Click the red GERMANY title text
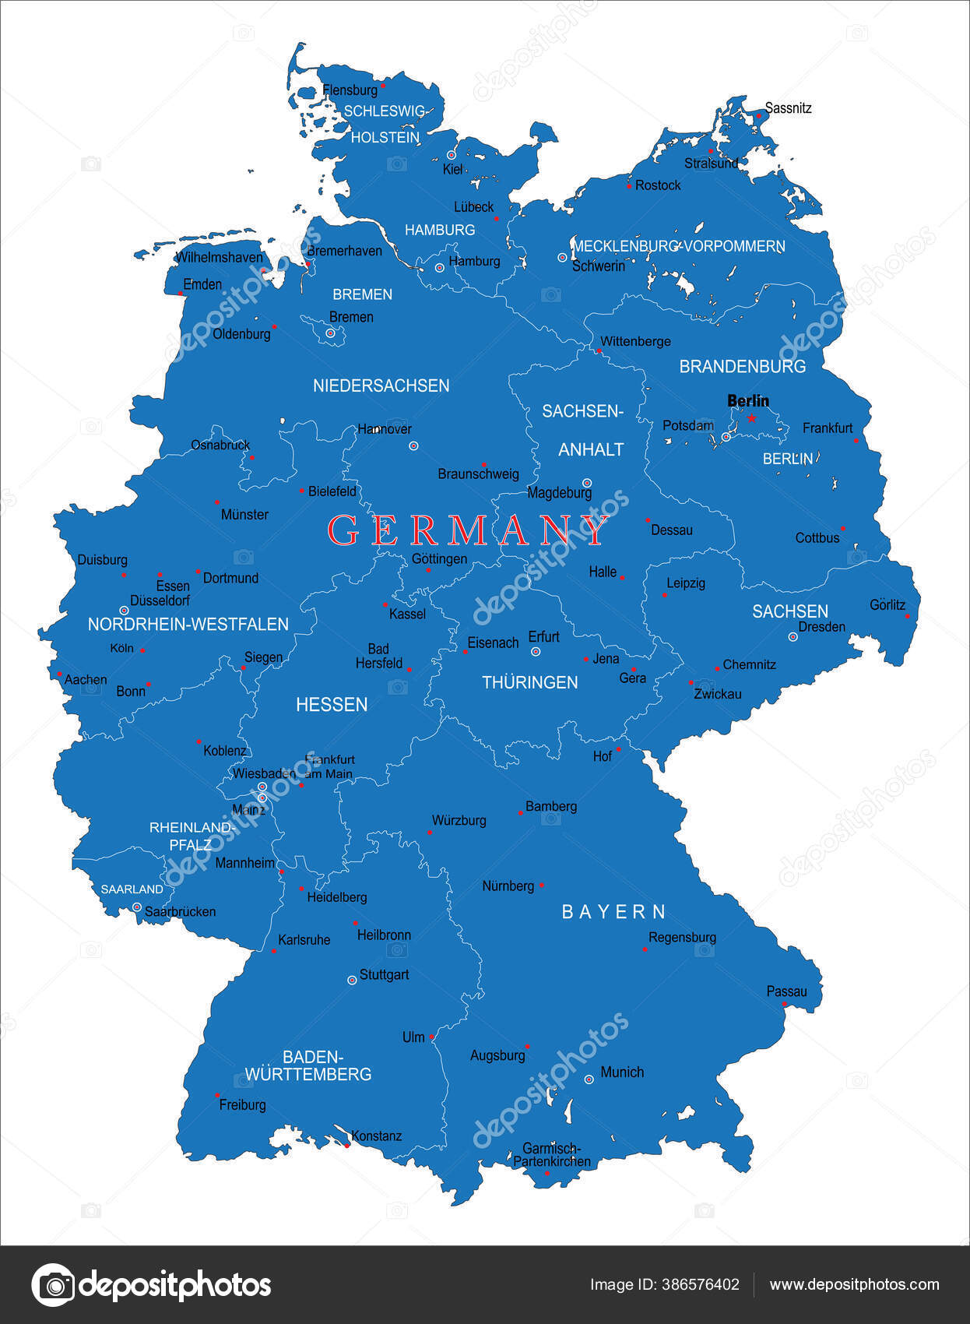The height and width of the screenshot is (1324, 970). (467, 531)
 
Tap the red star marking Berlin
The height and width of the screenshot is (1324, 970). (752, 418)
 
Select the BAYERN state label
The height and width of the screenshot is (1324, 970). (614, 912)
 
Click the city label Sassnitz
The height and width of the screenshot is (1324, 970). (788, 108)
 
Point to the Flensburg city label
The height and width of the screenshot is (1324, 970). (350, 90)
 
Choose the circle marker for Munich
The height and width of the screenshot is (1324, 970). (589, 1079)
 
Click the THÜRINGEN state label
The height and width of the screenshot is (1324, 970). (529, 683)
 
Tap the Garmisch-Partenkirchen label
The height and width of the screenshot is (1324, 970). (552, 1155)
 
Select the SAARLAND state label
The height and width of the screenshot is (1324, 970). (132, 889)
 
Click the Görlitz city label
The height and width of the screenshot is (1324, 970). (887, 604)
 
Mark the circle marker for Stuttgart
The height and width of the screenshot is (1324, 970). (352, 980)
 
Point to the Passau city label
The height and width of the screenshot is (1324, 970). (786, 991)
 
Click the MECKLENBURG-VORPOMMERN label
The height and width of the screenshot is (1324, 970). (679, 246)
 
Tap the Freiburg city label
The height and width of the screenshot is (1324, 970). (242, 1104)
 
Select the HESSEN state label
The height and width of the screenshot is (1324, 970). (332, 704)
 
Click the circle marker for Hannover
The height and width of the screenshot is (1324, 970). (413, 445)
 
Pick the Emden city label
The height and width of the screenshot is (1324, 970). (202, 284)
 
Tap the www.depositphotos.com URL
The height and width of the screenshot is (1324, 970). (854, 1284)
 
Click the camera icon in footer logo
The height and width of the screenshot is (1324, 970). (52, 1284)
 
